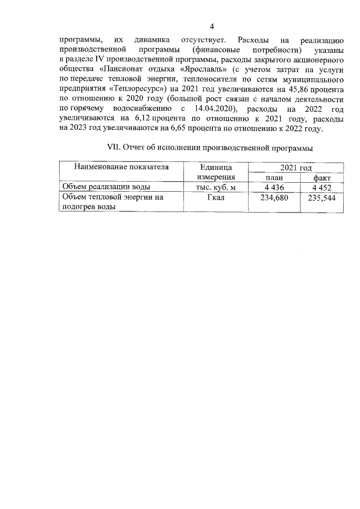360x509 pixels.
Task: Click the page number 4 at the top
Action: [x=211, y=26]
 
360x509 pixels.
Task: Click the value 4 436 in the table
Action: [x=274, y=188]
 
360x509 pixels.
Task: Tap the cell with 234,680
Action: [x=274, y=198]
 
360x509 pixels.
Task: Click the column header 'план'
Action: [x=274, y=178]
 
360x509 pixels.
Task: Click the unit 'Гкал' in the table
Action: [x=215, y=197]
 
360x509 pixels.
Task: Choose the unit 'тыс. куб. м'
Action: [x=215, y=188]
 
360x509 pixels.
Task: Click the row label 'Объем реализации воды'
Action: [x=106, y=188]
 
